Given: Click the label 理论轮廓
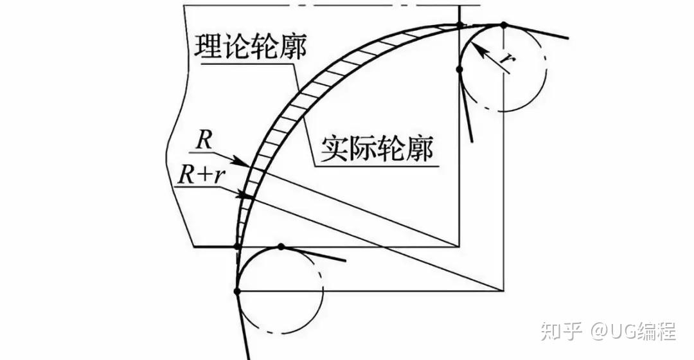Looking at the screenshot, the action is [251, 46].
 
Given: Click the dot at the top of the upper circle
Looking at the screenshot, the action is [504, 25].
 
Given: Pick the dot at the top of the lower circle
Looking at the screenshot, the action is [280, 247].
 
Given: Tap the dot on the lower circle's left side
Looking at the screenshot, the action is [237, 291].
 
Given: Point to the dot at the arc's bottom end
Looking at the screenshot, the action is [237, 247].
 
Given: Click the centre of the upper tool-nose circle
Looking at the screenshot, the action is [504, 69].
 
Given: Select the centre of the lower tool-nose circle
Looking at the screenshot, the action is [280, 291].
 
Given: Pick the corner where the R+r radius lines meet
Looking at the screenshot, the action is [504, 291].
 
